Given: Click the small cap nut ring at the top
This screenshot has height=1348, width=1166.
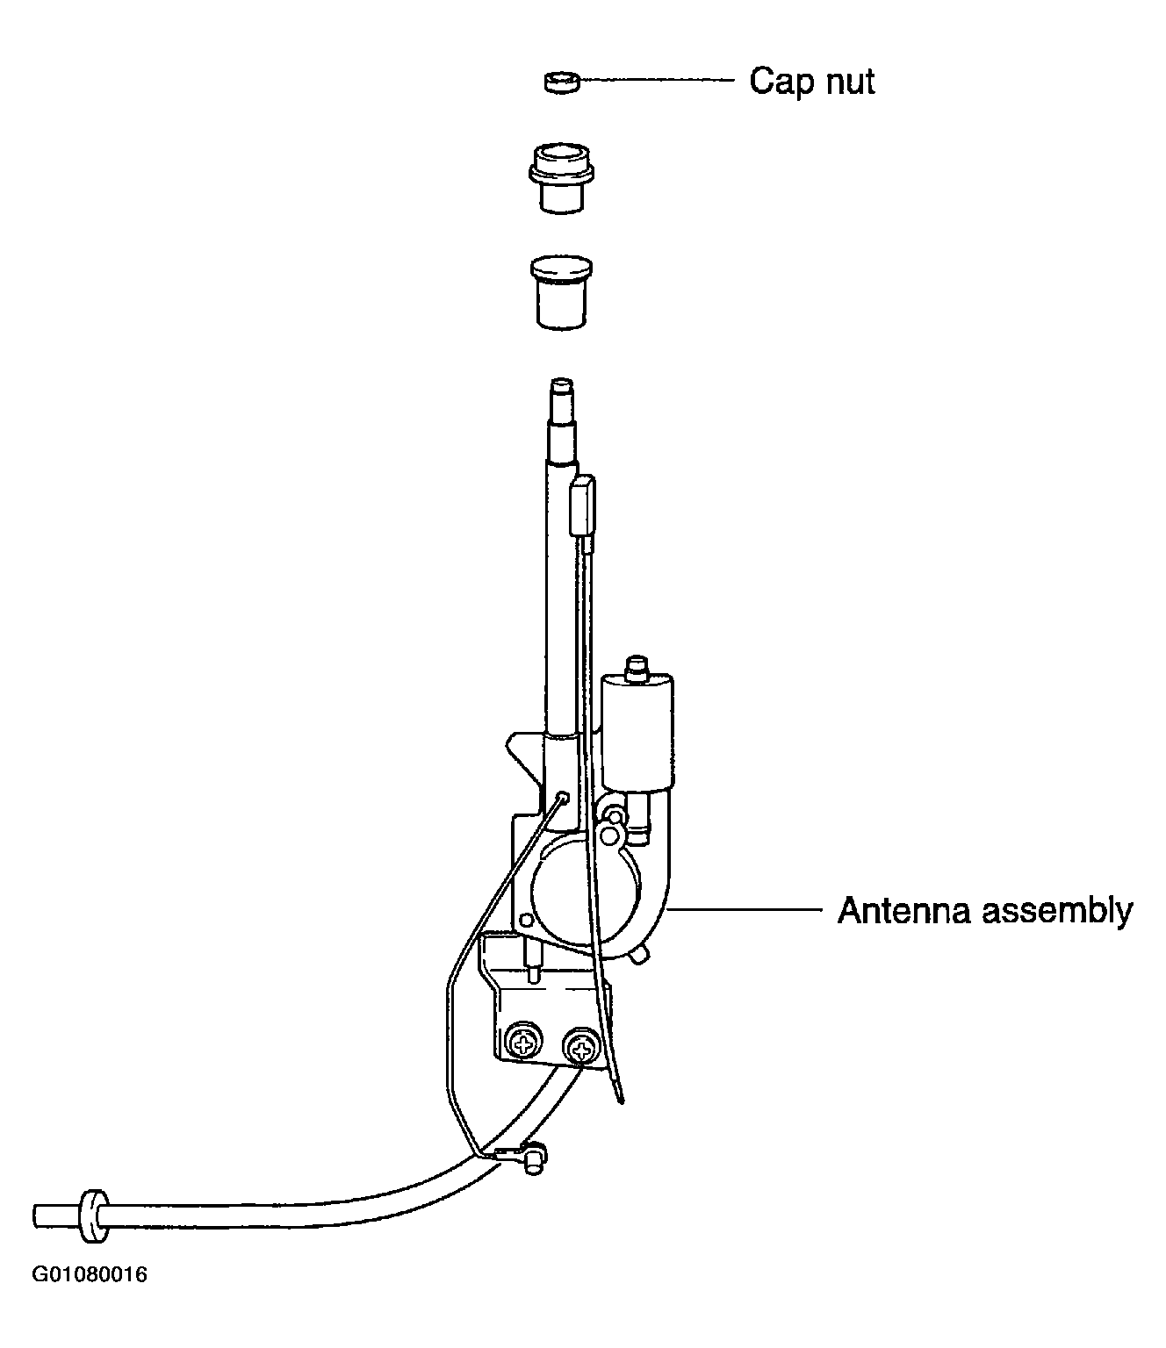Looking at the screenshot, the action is (x=562, y=82).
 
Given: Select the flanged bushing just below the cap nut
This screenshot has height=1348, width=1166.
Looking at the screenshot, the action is (x=561, y=178).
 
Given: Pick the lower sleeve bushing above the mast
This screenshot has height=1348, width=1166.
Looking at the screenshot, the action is (x=562, y=292).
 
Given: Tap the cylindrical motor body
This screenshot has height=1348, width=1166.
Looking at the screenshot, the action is (x=637, y=733).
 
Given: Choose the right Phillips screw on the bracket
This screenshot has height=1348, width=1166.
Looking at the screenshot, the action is (x=581, y=1050).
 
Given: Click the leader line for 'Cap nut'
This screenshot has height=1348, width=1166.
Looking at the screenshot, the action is (x=657, y=80).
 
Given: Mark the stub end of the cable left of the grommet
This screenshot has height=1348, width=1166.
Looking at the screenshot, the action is (x=56, y=1216).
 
